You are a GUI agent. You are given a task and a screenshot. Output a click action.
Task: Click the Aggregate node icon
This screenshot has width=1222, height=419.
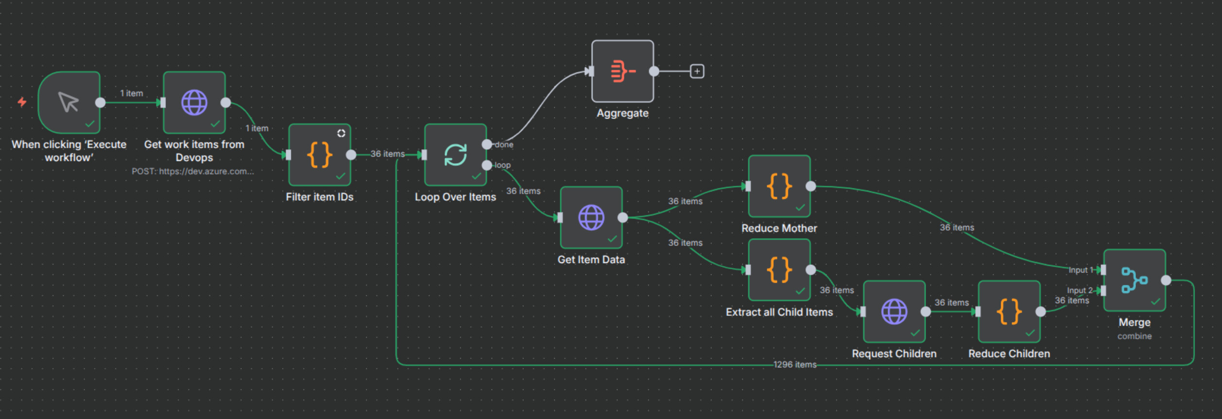622,71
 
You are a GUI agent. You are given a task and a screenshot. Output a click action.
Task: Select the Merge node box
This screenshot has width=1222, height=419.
1134,280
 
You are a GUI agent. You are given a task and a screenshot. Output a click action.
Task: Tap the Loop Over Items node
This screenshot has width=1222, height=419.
455,155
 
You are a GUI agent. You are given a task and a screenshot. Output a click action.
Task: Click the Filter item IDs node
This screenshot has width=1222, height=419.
319,155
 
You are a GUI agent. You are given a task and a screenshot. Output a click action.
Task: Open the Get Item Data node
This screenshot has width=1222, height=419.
591,217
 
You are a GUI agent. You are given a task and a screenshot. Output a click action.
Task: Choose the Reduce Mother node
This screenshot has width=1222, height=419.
779,186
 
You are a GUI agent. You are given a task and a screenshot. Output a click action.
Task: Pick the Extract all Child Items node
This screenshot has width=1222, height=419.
779,270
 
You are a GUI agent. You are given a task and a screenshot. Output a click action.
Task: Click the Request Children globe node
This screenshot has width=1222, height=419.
894,312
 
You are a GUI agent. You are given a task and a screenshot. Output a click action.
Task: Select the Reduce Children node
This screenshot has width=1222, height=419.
1009,312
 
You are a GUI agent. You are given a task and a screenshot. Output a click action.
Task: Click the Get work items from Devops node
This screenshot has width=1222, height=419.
194,103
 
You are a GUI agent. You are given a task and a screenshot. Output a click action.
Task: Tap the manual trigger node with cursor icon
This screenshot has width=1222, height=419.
69,103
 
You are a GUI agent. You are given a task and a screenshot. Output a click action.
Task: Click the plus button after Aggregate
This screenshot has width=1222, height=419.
697,71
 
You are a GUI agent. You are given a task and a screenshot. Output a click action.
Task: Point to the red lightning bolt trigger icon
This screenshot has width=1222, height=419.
22,102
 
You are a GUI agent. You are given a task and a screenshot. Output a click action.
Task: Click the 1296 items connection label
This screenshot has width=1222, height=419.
794,365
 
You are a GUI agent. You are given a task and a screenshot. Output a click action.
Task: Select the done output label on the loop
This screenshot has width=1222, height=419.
504,145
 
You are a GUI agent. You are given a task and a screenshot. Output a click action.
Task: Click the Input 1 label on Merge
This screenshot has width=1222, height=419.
1081,270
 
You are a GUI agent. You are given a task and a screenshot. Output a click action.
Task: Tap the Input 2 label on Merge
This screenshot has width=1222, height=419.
1079,291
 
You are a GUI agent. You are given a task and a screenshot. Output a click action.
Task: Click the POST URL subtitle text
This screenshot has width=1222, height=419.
192,172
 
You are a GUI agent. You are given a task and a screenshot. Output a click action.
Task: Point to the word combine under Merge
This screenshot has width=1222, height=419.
1134,336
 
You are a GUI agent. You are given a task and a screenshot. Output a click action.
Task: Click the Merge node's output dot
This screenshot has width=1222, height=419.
1166,280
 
